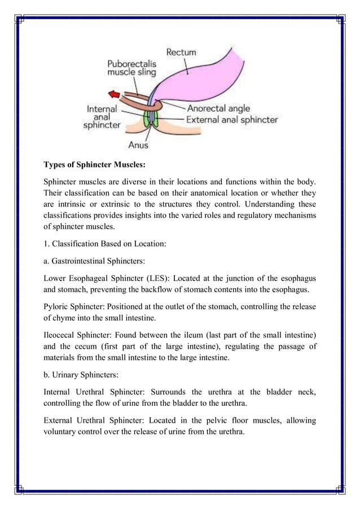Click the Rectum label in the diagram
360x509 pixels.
pyautogui.click(x=181, y=52)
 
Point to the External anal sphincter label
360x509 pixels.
pyautogui.click(x=232, y=120)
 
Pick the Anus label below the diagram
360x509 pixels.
pyautogui.click(x=138, y=145)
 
